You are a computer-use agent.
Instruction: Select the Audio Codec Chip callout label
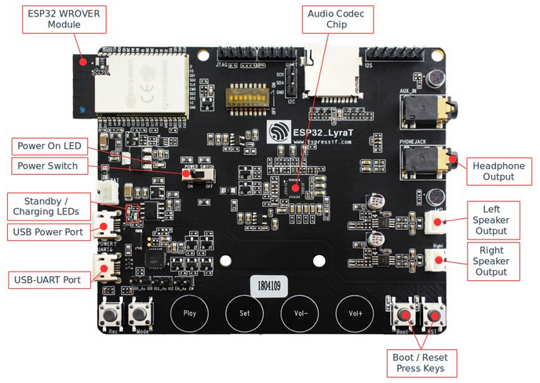click(x=339, y=19)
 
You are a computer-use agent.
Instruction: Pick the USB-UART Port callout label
click(x=45, y=279)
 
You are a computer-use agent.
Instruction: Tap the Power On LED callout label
click(x=49, y=147)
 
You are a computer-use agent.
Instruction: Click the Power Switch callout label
click(x=48, y=166)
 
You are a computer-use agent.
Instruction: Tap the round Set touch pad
click(x=244, y=312)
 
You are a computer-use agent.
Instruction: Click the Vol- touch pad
click(x=299, y=312)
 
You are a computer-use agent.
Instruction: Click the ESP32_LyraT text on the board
click(x=319, y=131)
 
